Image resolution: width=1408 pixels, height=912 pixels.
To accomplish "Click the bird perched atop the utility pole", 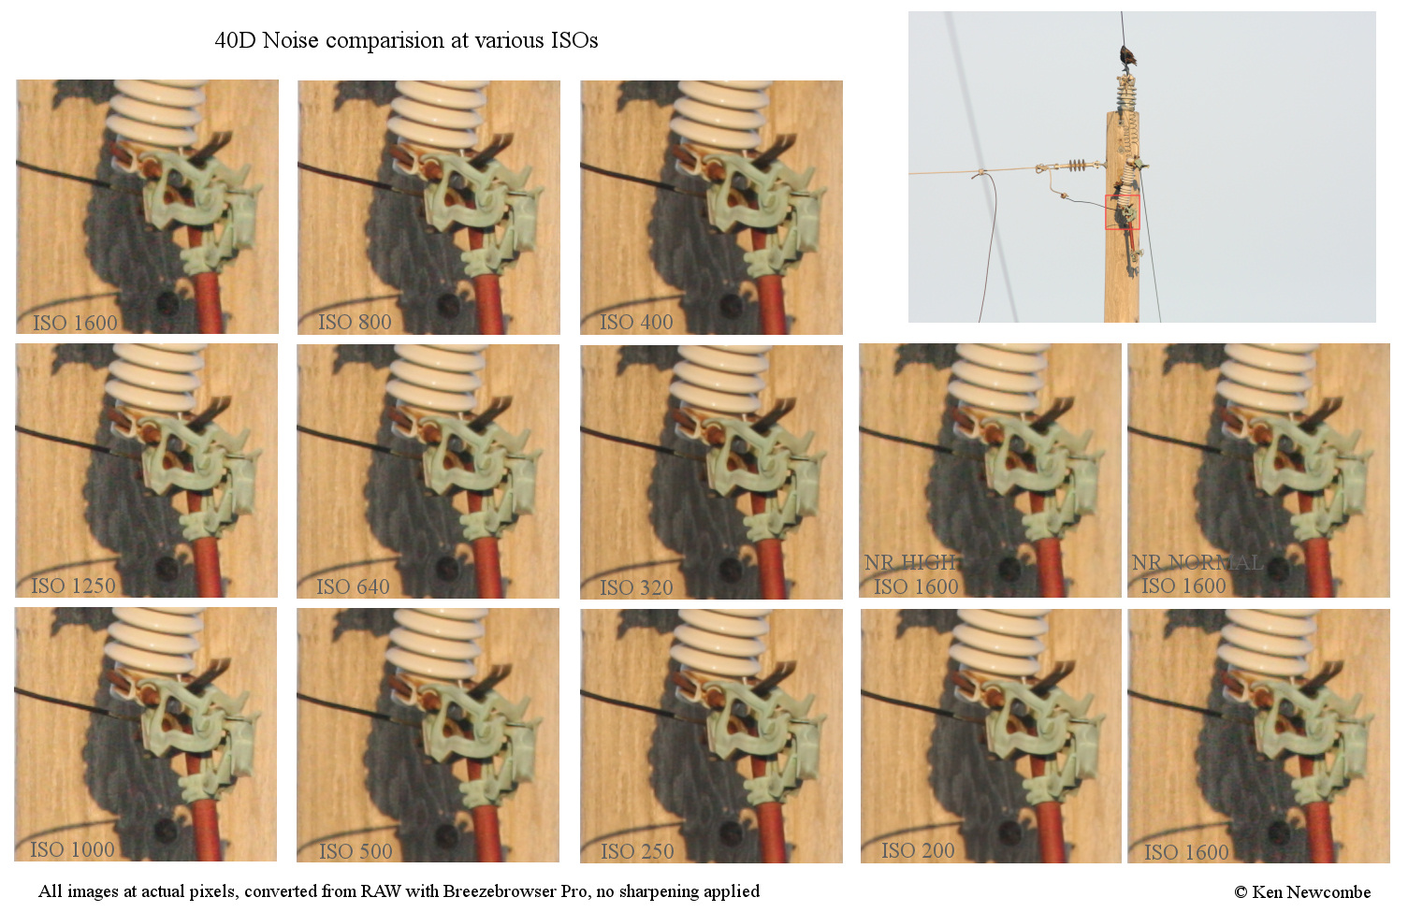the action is [1127, 57].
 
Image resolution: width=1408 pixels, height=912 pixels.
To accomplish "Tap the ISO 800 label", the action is [355, 323].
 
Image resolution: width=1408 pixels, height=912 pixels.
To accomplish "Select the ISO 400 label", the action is [636, 323].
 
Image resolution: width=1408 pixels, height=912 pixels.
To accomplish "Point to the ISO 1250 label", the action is [74, 586].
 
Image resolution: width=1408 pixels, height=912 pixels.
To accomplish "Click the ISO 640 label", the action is [353, 587].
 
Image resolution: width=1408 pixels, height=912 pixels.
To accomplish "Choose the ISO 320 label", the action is [636, 587].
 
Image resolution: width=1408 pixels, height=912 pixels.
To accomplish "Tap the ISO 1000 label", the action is [72, 849].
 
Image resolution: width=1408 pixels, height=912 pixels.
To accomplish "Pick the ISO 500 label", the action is [356, 851].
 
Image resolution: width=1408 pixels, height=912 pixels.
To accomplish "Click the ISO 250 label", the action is [637, 851].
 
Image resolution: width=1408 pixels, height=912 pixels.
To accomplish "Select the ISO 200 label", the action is [918, 850].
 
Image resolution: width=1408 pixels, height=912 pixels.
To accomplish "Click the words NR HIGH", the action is [910, 562].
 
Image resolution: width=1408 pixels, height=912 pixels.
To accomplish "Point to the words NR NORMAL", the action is [1198, 562].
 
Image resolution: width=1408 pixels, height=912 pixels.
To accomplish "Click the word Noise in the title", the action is [291, 40].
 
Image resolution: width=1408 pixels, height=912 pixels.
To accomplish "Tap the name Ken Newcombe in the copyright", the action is [1312, 891].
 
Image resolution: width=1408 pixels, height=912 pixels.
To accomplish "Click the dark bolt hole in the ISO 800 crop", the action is [449, 305].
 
